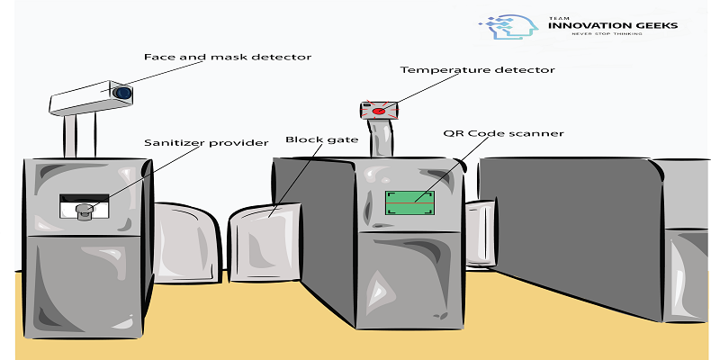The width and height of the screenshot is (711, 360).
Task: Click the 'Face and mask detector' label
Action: tap(228, 58)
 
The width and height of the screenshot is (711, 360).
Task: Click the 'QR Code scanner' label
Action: tap(503, 133)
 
